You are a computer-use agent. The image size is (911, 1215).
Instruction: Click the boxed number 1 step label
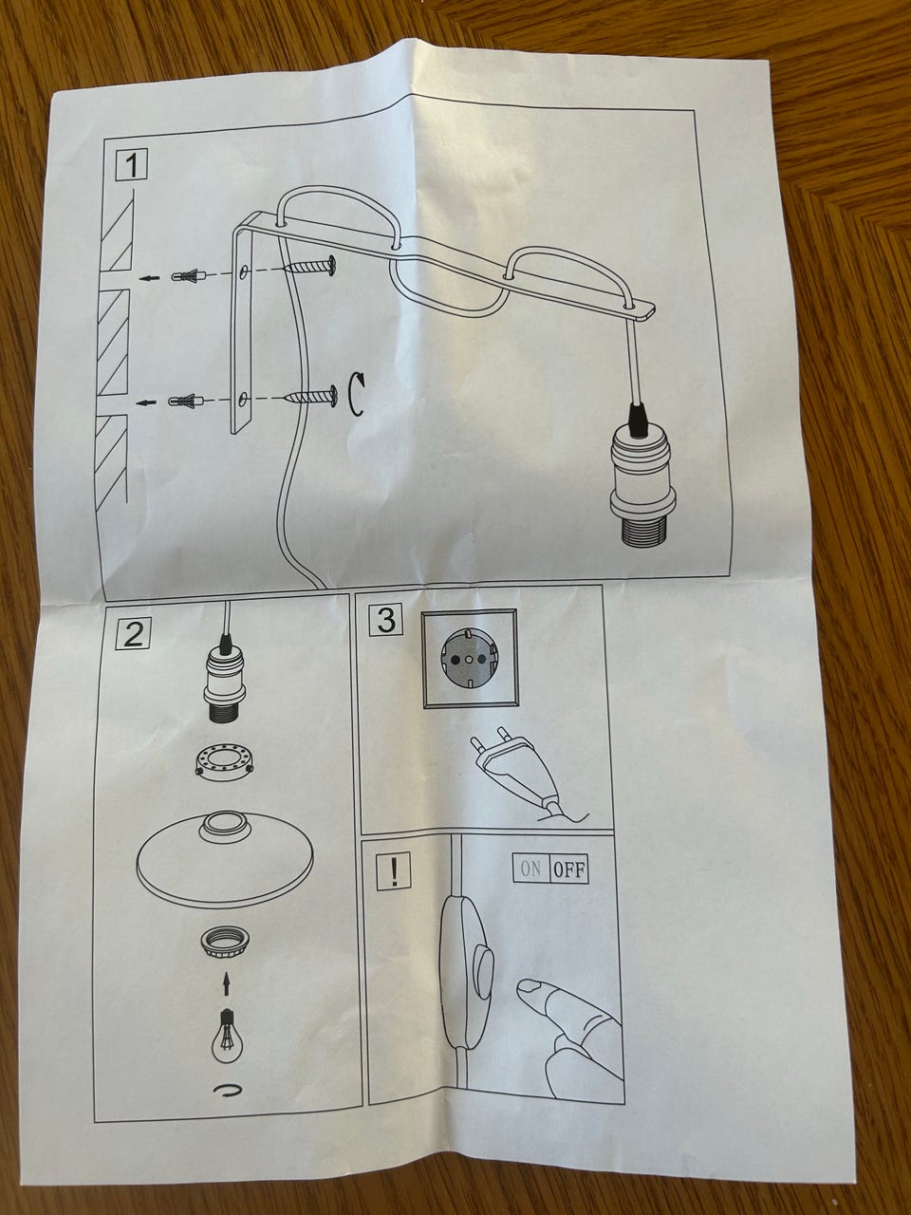click(x=132, y=165)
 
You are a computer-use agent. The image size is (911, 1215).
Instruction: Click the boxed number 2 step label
click(x=133, y=633)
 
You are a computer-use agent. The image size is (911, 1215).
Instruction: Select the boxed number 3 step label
click(x=386, y=621)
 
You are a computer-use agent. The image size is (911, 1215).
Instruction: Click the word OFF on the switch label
click(x=568, y=869)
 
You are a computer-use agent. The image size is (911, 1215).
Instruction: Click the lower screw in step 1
click(x=312, y=397)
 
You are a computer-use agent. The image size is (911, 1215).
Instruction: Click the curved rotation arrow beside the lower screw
click(x=356, y=394)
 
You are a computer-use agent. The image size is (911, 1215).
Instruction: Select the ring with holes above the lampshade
click(x=224, y=762)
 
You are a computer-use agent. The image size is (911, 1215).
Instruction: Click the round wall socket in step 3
click(x=470, y=660)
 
